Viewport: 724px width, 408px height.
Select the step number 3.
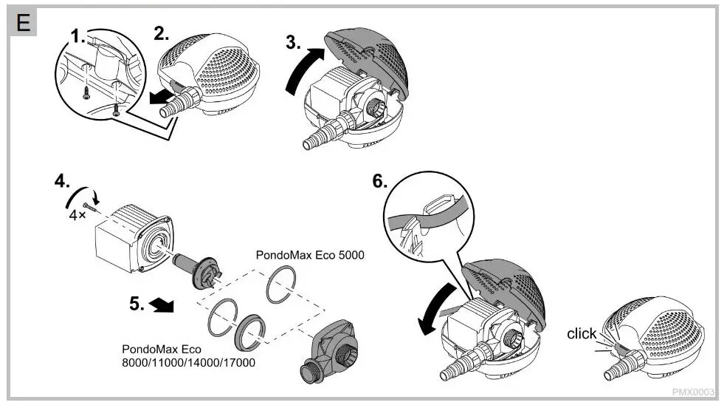(x=293, y=44)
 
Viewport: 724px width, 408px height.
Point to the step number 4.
(x=61, y=181)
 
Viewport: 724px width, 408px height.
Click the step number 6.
(x=379, y=182)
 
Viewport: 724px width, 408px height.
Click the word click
(x=582, y=334)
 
